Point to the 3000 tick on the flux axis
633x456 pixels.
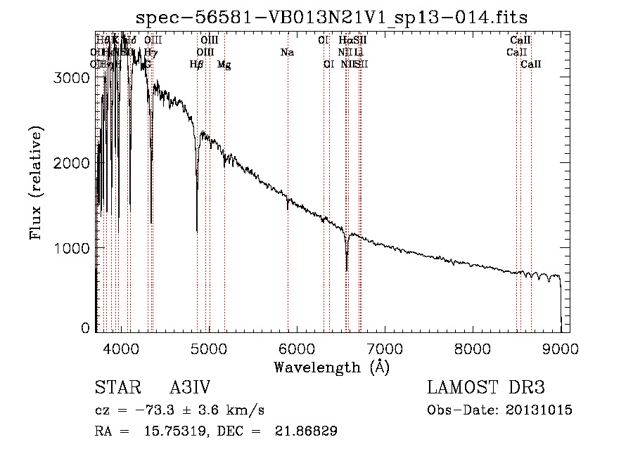tap(72, 79)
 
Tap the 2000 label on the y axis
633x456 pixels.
tap(72, 163)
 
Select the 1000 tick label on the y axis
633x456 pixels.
tap(72, 248)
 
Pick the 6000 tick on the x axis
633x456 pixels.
tap(296, 348)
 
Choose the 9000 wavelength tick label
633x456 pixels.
tap(561, 348)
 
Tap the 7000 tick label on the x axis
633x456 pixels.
tap(384, 348)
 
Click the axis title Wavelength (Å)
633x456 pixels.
tap(331, 367)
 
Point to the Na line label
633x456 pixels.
tap(287, 52)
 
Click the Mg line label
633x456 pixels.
tap(224, 64)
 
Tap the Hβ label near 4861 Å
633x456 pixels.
tap(197, 64)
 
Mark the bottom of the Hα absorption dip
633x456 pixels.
tap(347, 270)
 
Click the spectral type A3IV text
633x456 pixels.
tap(190, 389)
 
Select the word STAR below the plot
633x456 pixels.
tap(114, 389)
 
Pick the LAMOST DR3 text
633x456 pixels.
tap(486, 389)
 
